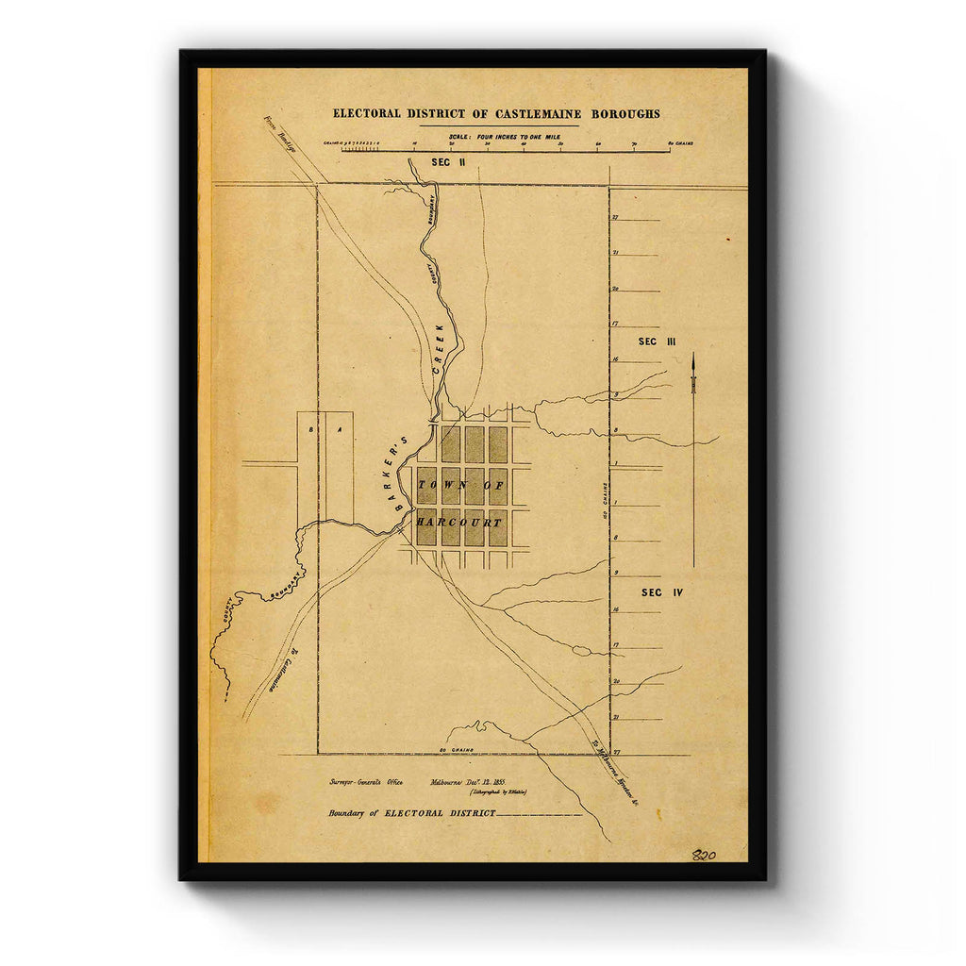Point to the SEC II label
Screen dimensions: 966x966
(448, 163)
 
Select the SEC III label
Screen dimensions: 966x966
(658, 341)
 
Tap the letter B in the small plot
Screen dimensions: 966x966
(310, 429)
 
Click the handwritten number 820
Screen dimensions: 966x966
(704, 856)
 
